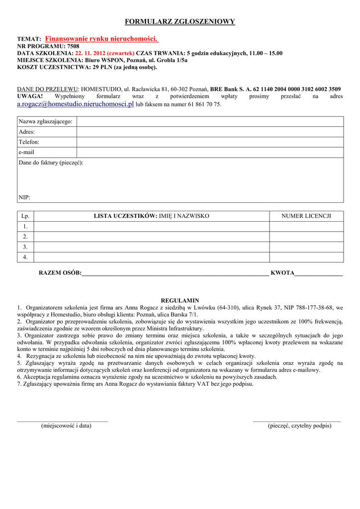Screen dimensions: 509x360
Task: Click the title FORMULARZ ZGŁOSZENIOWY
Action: pyautogui.click(x=180, y=22)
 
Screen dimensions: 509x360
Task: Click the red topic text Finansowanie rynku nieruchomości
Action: pyautogui.click(x=101, y=39)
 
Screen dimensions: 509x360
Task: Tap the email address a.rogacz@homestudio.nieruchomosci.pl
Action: pyautogui.click(x=76, y=104)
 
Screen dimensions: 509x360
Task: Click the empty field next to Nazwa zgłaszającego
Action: pyautogui.click(x=209, y=121)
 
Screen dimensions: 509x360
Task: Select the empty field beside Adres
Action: pyautogui.click(x=209, y=132)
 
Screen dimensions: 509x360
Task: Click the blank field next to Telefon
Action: pyautogui.click(x=209, y=142)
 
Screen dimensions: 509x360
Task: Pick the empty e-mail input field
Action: pyautogui.click(x=209, y=152)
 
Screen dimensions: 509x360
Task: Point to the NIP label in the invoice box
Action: pyautogui.click(x=24, y=197)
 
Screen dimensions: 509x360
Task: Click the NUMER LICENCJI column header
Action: pyautogui.click(x=306, y=216)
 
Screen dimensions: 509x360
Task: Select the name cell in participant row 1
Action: pyautogui.click(x=151, y=226)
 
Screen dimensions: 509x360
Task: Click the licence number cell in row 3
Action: pyautogui.click(x=306, y=247)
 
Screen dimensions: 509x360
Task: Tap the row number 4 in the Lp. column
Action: pyautogui.click(x=25, y=257)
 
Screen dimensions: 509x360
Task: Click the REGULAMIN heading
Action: pyautogui.click(x=180, y=300)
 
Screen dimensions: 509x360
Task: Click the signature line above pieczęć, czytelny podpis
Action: pyautogui.click(x=297, y=421)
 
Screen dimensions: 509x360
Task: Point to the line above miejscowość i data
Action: pyautogui.click(x=63, y=421)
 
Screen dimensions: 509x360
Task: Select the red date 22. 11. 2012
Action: pyautogui.click(x=91, y=53)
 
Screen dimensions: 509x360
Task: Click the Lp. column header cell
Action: pyautogui.click(x=25, y=216)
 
